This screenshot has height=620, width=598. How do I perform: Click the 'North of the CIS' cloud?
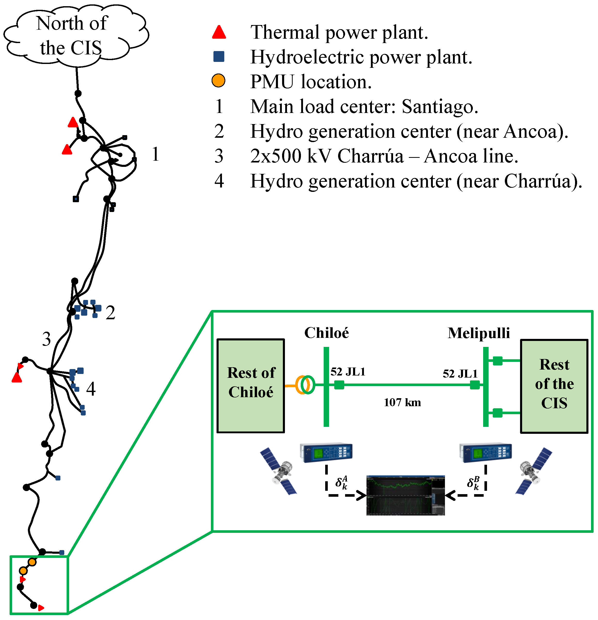[74, 35]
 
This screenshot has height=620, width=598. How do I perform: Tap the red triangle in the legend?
[219, 32]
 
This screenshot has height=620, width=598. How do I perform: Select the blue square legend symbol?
[219, 57]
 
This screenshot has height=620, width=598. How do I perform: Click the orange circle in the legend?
[218, 81]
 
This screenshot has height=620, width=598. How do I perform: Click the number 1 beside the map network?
[155, 154]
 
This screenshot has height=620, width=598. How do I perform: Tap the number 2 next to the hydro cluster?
[110, 313]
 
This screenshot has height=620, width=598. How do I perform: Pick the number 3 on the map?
[46, 339]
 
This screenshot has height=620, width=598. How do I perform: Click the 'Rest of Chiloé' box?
[251, 386]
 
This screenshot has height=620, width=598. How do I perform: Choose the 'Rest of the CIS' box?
[554, 386]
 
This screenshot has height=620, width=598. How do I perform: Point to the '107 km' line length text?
[402, 402]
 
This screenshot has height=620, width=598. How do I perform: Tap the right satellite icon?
[533, 471]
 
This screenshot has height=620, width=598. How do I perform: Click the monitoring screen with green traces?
[405, 495]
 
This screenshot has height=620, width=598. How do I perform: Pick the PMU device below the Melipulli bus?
[485, 453]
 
